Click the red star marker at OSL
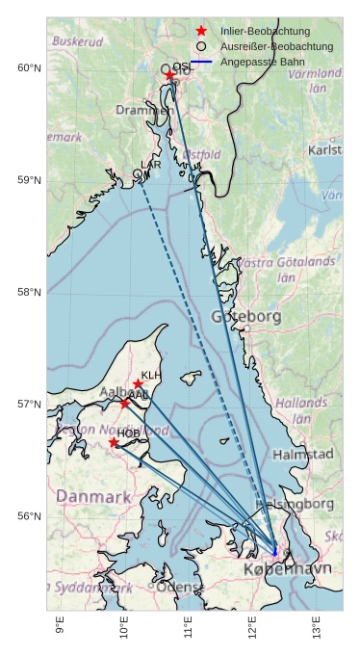169,75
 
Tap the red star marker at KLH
139,384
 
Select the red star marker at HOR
114,442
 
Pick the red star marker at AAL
124,403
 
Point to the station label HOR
127,433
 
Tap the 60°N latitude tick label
29,68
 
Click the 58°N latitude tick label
29,293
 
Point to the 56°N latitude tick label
29,516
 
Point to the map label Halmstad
303,454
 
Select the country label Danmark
92,497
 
